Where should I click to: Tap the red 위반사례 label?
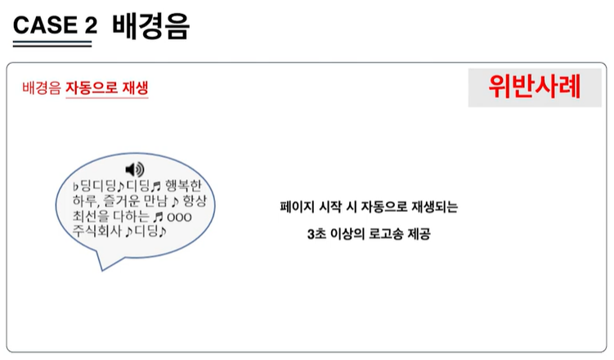(534, 86)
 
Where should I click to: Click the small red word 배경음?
(42, 87)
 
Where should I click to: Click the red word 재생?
(132, 87)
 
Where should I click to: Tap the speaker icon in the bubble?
(135, 169)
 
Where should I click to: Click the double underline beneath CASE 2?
(52, 43)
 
